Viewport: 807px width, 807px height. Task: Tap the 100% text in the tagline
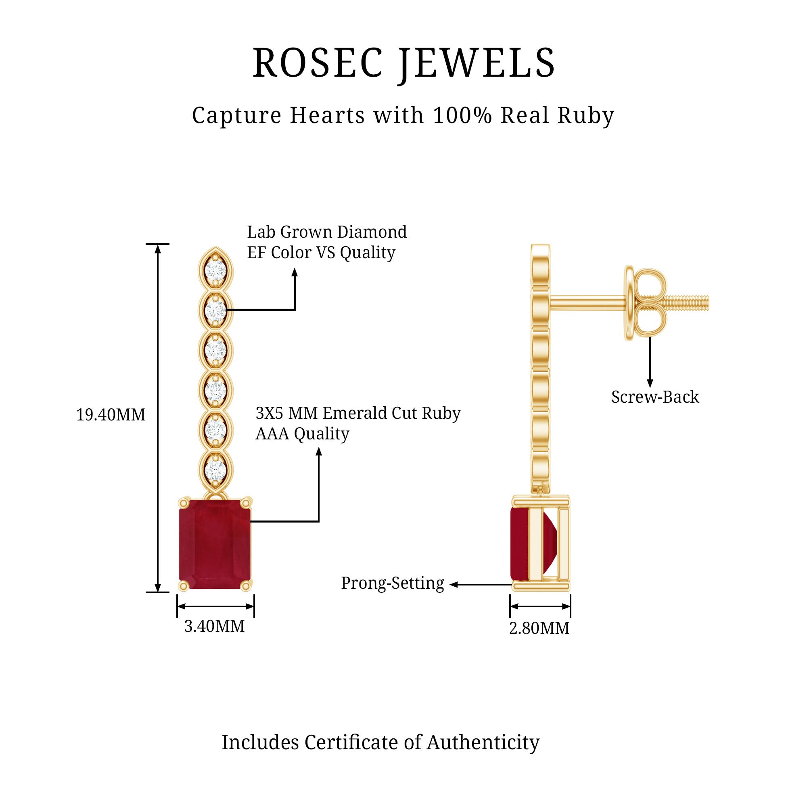click(462, 115)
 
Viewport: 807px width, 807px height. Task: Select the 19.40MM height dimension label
click(111, 415)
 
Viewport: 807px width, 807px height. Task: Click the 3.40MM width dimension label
click(214, 626)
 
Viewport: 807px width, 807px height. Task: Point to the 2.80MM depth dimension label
click(539, 628)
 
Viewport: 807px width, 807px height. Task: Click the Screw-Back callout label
click(654, 397)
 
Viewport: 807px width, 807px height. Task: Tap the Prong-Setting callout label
click(392, 583)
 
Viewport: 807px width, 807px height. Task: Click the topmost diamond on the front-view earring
click(215, 270)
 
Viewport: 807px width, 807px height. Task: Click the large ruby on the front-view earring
click(215, 544)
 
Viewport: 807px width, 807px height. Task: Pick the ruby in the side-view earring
click(519, 544)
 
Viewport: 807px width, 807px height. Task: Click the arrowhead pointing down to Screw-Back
click(650, 383)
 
